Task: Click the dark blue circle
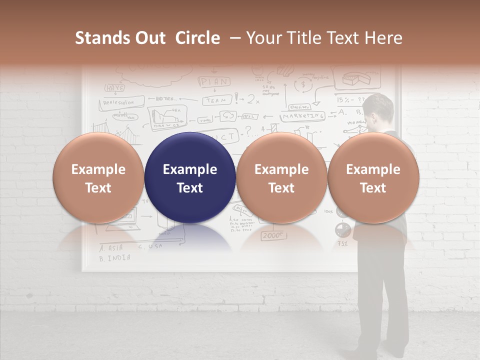point(190,178)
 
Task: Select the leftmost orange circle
point(98,178)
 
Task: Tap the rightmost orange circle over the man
point(373,178)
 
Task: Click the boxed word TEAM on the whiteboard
point(217,100)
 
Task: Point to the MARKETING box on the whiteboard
point(302,116)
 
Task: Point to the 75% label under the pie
point(342,244)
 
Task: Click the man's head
point(378,110)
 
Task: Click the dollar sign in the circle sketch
point(302,85)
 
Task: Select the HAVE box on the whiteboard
point(114,87)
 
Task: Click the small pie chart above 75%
point(342,229)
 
